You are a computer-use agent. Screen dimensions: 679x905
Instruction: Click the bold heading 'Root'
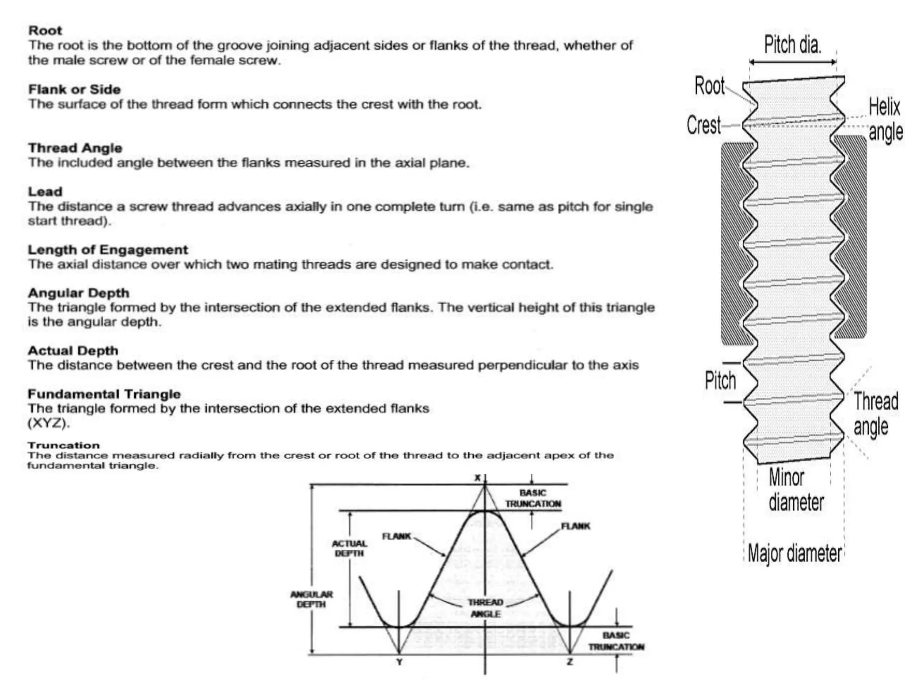tap(45, 31)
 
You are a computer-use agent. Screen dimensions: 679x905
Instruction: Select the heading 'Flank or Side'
tap(74, 89)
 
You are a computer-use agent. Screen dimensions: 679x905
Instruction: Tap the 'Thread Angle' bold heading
tap(75, 148)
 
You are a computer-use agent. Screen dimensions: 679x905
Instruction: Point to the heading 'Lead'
tap(45, 191)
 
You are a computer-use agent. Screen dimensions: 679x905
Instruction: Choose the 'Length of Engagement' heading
tap(108, 250)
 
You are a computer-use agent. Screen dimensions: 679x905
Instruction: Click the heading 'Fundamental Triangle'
tap(104, 394)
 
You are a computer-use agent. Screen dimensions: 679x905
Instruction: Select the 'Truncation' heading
tap(64, 445)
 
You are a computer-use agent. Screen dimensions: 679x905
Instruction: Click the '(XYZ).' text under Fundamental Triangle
tap(49, 423)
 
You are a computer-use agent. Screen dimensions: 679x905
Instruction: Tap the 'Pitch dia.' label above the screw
tap(793, 45)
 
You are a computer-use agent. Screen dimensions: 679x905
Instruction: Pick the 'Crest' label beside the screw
tap(703, 125)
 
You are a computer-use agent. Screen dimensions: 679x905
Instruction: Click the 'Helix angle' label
tap(885, 119)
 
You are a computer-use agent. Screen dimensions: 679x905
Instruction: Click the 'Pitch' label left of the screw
tap(720, 381)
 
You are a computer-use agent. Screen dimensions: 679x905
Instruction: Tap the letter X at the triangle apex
tap(477, 478)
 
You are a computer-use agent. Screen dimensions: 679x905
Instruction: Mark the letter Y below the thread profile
tap(399, 662)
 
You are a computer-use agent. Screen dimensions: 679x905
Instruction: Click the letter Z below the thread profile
tap(570, 662)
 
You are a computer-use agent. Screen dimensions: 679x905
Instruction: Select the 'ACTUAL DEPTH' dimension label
tap(349, 548)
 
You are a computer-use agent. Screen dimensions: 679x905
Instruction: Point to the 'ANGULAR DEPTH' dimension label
tap(312, 599)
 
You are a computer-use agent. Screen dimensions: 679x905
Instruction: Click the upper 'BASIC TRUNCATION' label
tap(533, 498)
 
